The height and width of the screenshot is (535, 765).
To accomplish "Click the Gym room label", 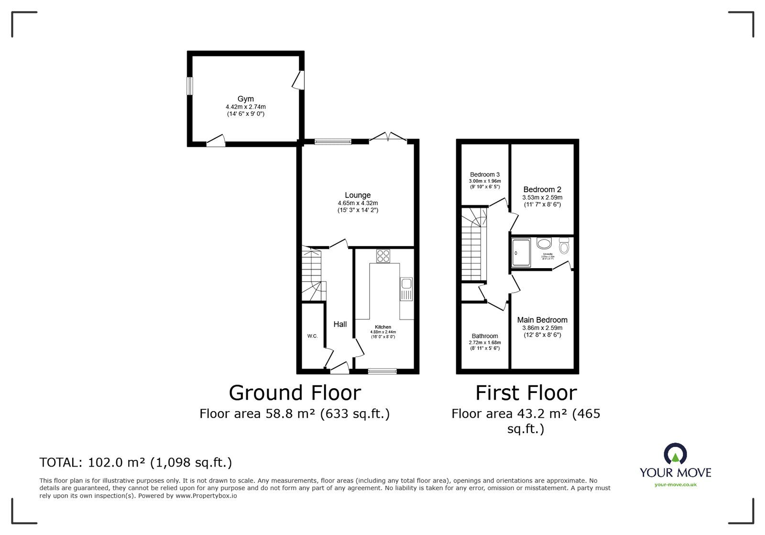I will (246, 99).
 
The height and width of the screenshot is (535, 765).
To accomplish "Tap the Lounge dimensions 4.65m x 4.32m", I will (358, 203).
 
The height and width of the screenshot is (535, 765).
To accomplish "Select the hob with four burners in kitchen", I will (383, 256).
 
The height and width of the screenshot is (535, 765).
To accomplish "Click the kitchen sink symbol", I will (406, 289).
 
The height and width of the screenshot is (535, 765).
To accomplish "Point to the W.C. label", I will (312, 336).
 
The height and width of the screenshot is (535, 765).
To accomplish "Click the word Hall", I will (340, 324).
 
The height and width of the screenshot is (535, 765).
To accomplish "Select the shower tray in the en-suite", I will (521, 253).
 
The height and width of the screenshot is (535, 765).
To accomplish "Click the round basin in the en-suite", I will (544, 243).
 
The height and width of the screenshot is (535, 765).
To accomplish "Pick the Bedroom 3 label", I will (485, 175).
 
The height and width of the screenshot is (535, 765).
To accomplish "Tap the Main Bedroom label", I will (542, 320).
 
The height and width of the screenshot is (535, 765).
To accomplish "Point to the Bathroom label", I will (485, 336).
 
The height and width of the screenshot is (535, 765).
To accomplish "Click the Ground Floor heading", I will (295, 393).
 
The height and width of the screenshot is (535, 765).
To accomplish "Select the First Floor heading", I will (526, 393).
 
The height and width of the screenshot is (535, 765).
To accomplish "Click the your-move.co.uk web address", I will (675, 485).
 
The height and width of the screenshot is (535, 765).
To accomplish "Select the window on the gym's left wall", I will (190, 86).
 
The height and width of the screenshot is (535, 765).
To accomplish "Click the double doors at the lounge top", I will (388, 138).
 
